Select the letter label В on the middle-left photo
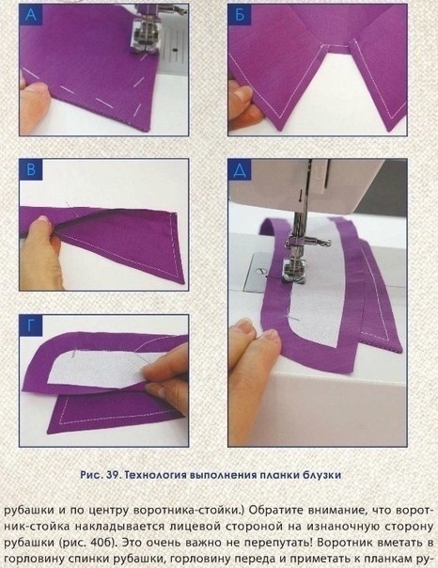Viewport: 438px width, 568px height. tap(33, 170)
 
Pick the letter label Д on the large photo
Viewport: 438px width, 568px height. tap(242, 170)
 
